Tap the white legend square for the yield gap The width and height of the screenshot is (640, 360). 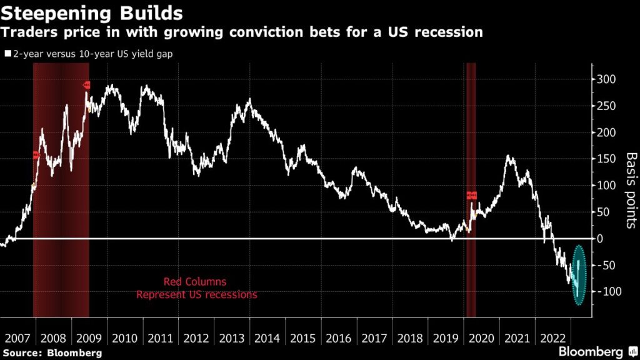[x=7, y=54]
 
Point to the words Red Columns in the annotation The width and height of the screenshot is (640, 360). [x=195, y=281]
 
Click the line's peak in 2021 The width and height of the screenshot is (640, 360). [x=509, y=156]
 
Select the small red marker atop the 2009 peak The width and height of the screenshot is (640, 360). [x=87, y=85]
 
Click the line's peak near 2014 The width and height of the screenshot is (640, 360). [x=249, y=100]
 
